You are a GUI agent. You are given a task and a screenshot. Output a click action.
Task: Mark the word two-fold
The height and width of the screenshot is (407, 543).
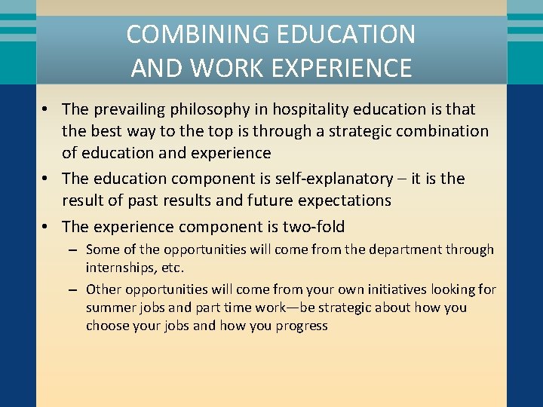314,226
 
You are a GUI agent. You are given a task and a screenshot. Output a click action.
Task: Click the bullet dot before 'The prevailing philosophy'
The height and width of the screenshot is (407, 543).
46,110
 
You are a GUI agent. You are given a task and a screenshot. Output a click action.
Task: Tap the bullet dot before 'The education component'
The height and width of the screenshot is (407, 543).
46,179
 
